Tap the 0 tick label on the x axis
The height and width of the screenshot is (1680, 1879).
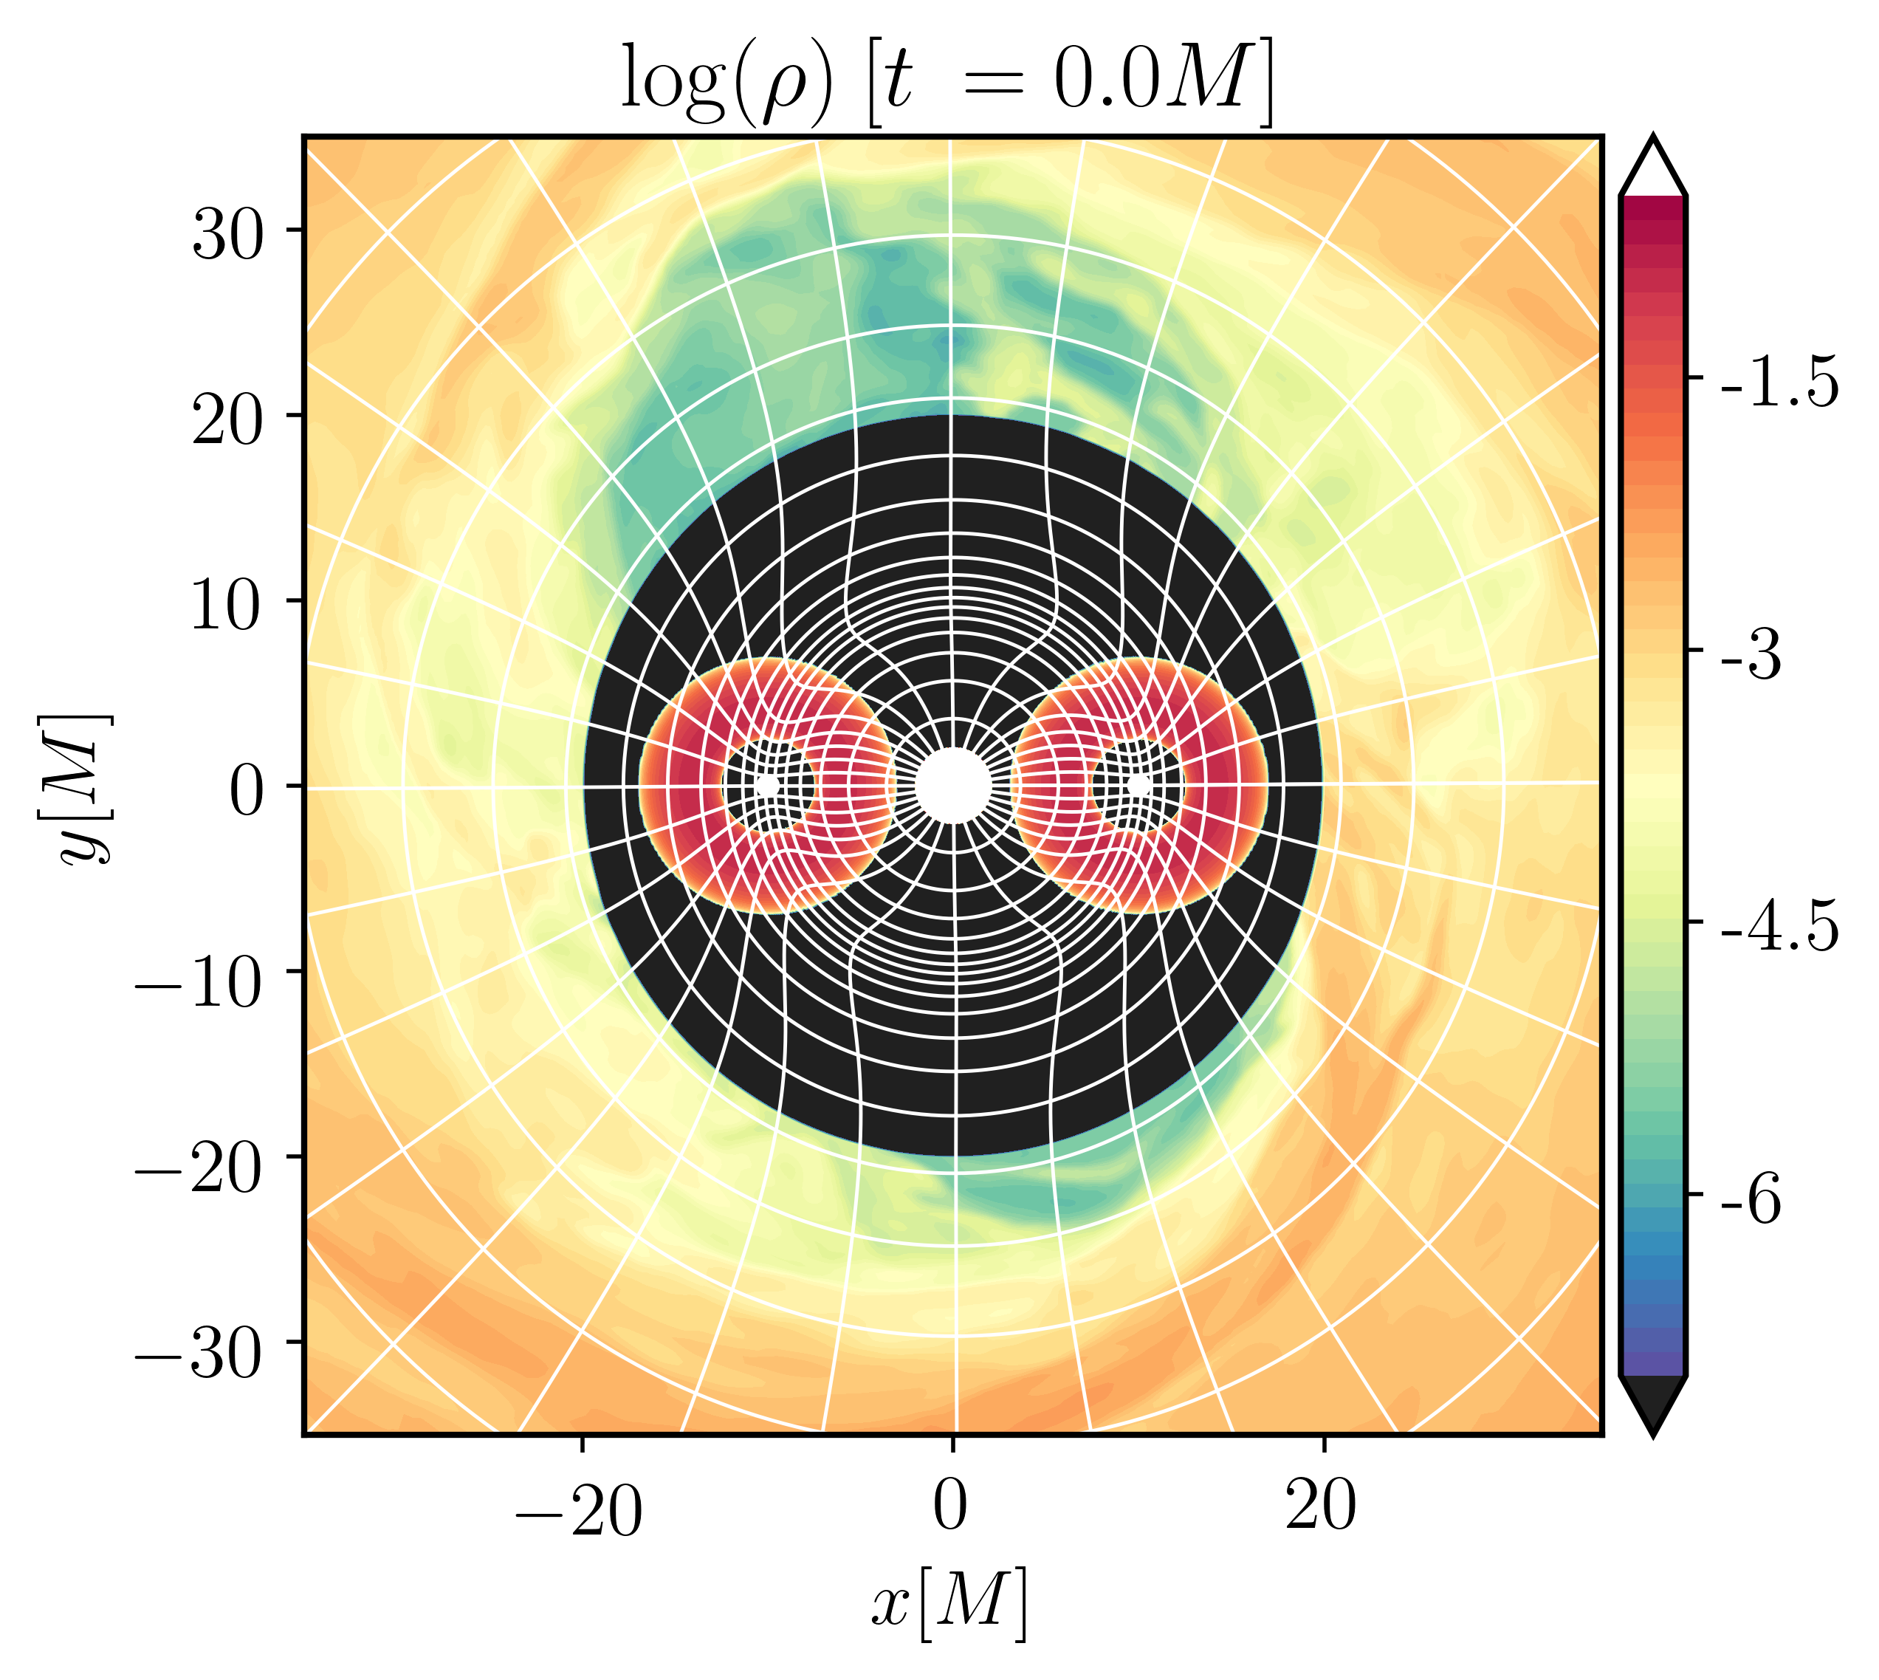[x=951, y=1509]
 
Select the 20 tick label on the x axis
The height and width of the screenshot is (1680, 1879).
[x=1322, y=1509]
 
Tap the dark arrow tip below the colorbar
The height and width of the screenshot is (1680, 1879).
[x=1653, y=1433]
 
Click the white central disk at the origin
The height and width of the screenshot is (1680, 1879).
[x=953, y=786]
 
